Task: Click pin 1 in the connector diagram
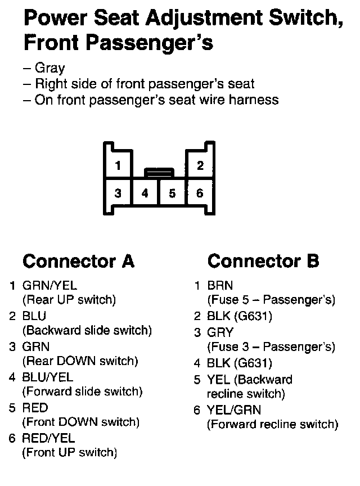(118, 165)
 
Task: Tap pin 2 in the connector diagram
(200, 165)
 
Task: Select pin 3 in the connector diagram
(118, 193)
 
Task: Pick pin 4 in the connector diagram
(145, 193)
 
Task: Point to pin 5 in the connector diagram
(172, 193)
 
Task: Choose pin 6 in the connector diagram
(200, 193)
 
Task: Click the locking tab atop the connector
(159, 172)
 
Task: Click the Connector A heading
(78, 262)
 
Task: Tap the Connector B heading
(263, 262)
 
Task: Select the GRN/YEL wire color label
(49, 286)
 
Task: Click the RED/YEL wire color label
(48, 438)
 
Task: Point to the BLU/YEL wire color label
(48, 377)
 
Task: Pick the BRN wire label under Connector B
(220, 286)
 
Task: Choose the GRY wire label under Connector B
(220, 332)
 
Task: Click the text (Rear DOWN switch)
(79, 361)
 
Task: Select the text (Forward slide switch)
(82, 391)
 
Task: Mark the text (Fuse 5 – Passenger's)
(271, 300)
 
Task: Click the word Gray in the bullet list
(49, 69)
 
